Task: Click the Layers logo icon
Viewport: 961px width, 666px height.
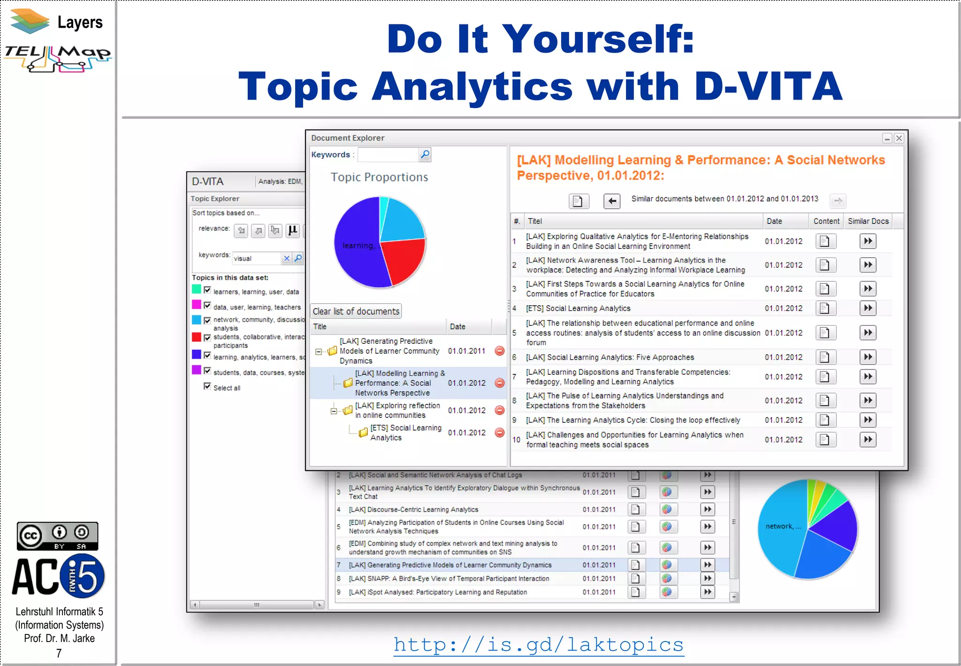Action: pos(30,21)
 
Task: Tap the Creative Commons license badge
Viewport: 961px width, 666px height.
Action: pos(57,536)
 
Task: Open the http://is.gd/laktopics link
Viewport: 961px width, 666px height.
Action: pos(538,644)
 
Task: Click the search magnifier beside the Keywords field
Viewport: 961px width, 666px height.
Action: pos(425,155)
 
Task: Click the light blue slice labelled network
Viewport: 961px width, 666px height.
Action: pos(781,526)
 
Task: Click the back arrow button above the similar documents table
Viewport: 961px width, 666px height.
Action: pos(611,201)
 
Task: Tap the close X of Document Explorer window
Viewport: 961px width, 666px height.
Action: pos(899,138)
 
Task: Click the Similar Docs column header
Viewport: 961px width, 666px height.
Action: pos(868,221)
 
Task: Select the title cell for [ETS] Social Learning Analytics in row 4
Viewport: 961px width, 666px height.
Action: pos(578,309)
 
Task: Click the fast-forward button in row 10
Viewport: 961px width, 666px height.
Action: pos(868,440)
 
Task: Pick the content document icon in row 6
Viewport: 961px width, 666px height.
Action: pos(824,357)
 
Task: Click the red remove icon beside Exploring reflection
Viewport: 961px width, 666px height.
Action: pos(500,410)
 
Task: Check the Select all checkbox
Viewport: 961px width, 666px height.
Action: pos(207,386)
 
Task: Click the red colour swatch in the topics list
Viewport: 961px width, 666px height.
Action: pos(197,337)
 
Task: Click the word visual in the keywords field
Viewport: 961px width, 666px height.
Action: pos(243,258)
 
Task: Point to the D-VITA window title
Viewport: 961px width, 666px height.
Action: pos(208,181)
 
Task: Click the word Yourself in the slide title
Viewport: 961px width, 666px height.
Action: pos(599,39)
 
